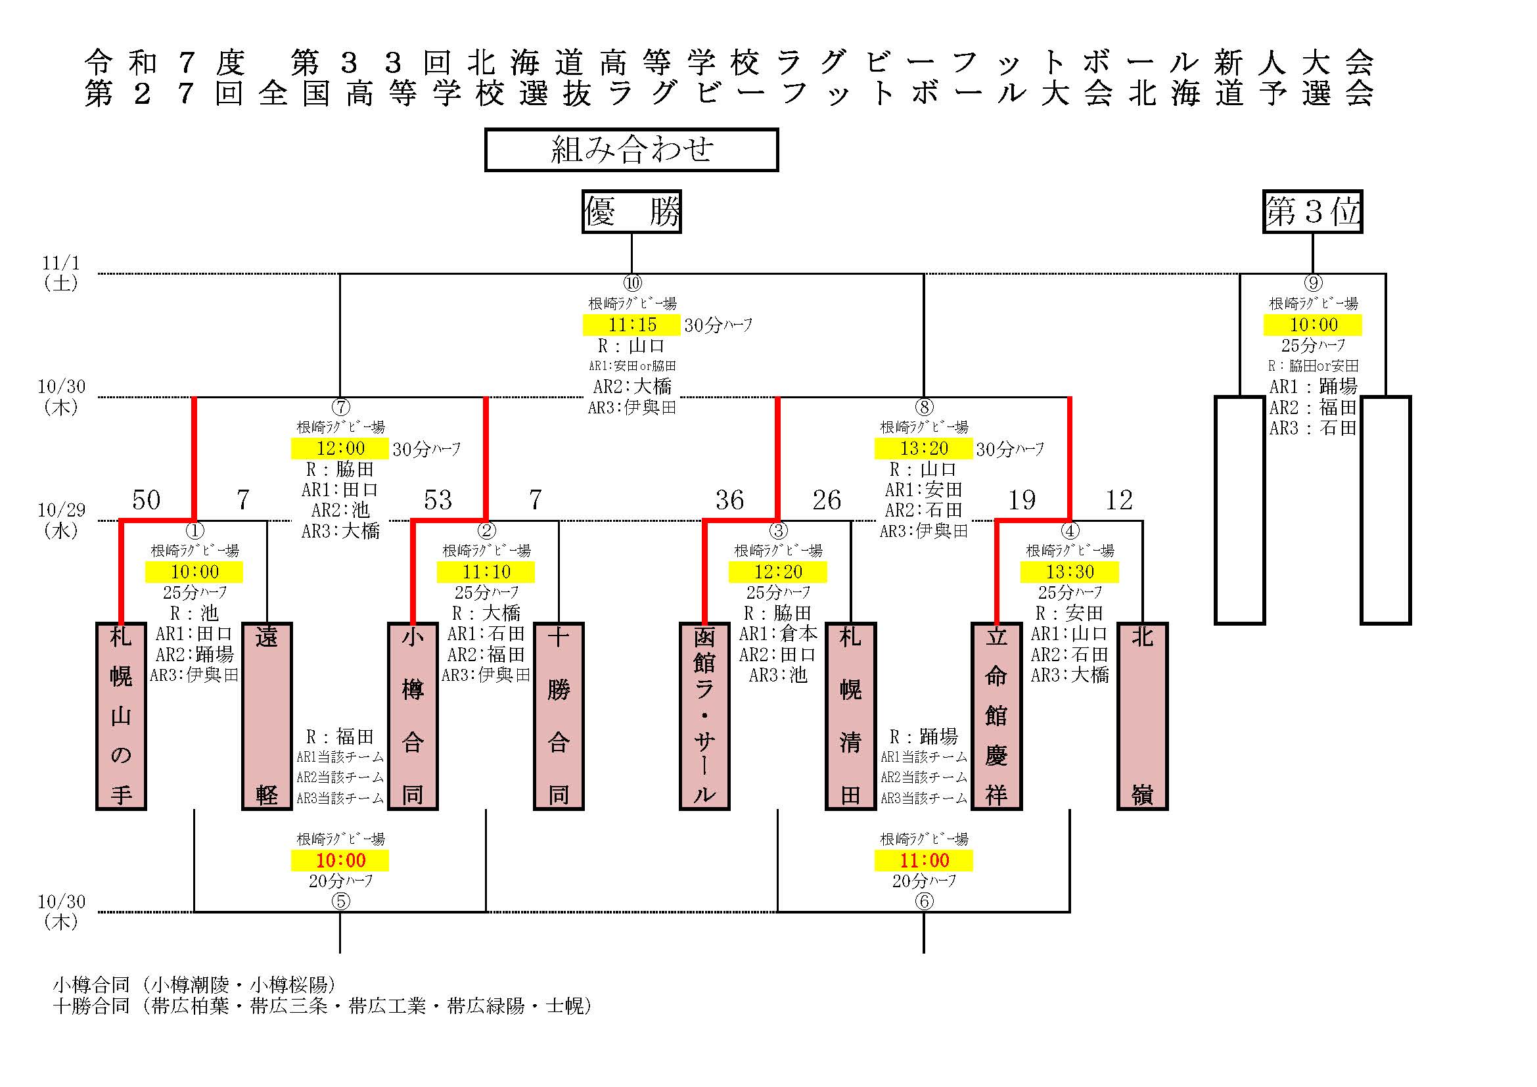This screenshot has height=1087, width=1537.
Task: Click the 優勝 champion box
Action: (x=631, y=212)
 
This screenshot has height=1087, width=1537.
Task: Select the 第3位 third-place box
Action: (x=1312, y=212)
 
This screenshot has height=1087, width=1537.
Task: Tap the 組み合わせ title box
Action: (x=631, y=149)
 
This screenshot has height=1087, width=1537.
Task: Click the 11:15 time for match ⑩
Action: (x=632, y=325)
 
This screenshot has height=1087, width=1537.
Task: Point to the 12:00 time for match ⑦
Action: (x=340, y=448)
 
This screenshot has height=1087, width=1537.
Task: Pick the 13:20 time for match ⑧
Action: (x=924, y=448)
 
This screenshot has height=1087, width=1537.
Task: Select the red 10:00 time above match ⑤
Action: (x=340, y=861)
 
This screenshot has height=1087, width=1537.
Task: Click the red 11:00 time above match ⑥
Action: (x=924, y=861)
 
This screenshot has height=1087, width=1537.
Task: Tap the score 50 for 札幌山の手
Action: (x=146, y=500)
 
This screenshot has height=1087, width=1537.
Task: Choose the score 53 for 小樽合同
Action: (x=438, y=500)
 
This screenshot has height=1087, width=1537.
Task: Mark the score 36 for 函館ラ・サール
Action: (x=729, y=500)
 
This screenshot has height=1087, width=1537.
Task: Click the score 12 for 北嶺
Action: (x=1118, y=500)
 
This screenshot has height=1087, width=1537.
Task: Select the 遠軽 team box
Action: (x=266, y=716)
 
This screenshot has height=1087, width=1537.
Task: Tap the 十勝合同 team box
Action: (x=559, y=716)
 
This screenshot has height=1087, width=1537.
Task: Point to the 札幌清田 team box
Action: (x=850, y=716)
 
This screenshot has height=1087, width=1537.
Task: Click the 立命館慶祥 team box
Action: (x=996, y=716)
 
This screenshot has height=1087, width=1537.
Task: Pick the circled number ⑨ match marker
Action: (x=1313, y=283)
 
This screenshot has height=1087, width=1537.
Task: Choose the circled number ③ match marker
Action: (x=778, y=531)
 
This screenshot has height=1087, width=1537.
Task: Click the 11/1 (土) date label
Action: (x=61, y=273)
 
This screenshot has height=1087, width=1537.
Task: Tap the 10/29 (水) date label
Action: (x=61, y=520)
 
